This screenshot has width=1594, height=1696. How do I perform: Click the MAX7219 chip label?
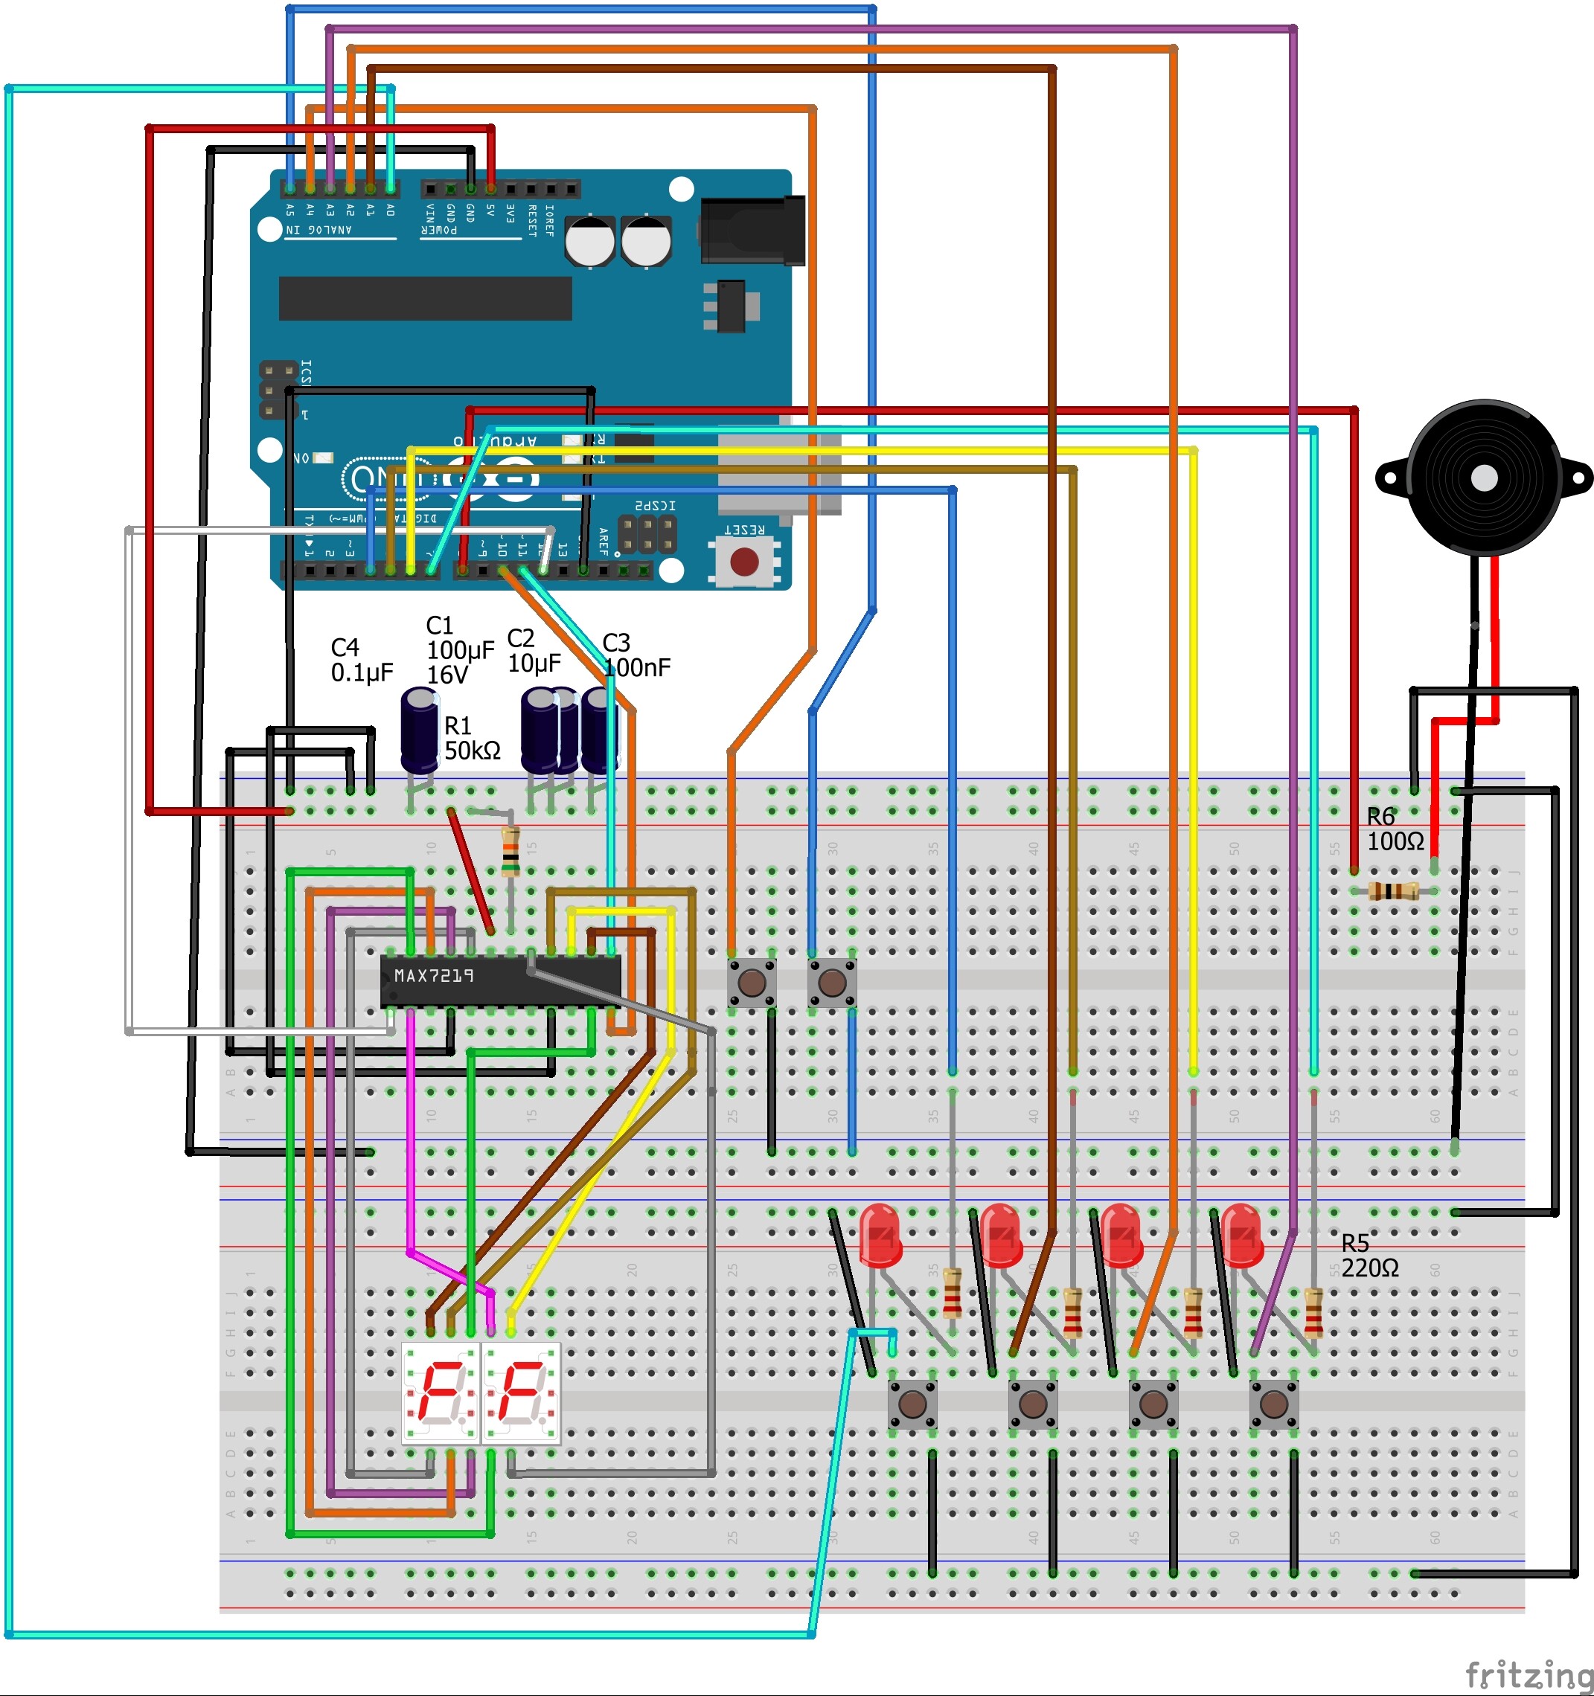[434, 975]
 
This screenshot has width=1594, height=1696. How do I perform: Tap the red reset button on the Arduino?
[744, 562]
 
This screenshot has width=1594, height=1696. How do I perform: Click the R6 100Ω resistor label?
[1395, 829]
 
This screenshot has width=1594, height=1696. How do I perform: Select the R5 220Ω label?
[1369, 1256]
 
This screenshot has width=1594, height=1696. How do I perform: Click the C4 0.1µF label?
[361, 661]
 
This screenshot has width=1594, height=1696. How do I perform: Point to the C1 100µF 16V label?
[459, 650]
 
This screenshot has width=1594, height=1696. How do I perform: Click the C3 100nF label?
[635, 655]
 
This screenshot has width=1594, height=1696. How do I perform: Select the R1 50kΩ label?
[471, 738]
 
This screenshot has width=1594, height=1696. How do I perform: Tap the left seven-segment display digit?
[440, 1393]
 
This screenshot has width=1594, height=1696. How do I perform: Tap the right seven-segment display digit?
[520, 1393]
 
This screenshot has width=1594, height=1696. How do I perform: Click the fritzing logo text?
[1528, 1674]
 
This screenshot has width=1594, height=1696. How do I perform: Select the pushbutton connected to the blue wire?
[831, 982]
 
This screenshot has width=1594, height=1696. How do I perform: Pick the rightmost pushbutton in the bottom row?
[1273, 1404]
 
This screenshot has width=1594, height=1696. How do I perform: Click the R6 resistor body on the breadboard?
[1392, 891]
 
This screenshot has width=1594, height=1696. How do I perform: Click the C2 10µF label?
[534, 651]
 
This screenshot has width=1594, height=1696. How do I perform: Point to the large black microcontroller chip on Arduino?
[425, 298]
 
